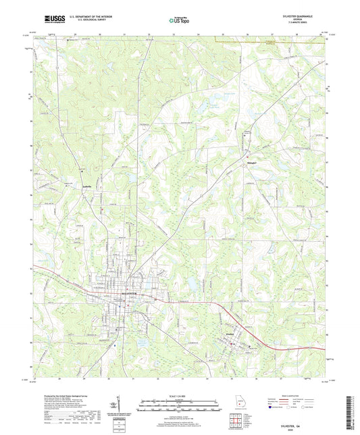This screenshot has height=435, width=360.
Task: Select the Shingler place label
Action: [x=251, y=163]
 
